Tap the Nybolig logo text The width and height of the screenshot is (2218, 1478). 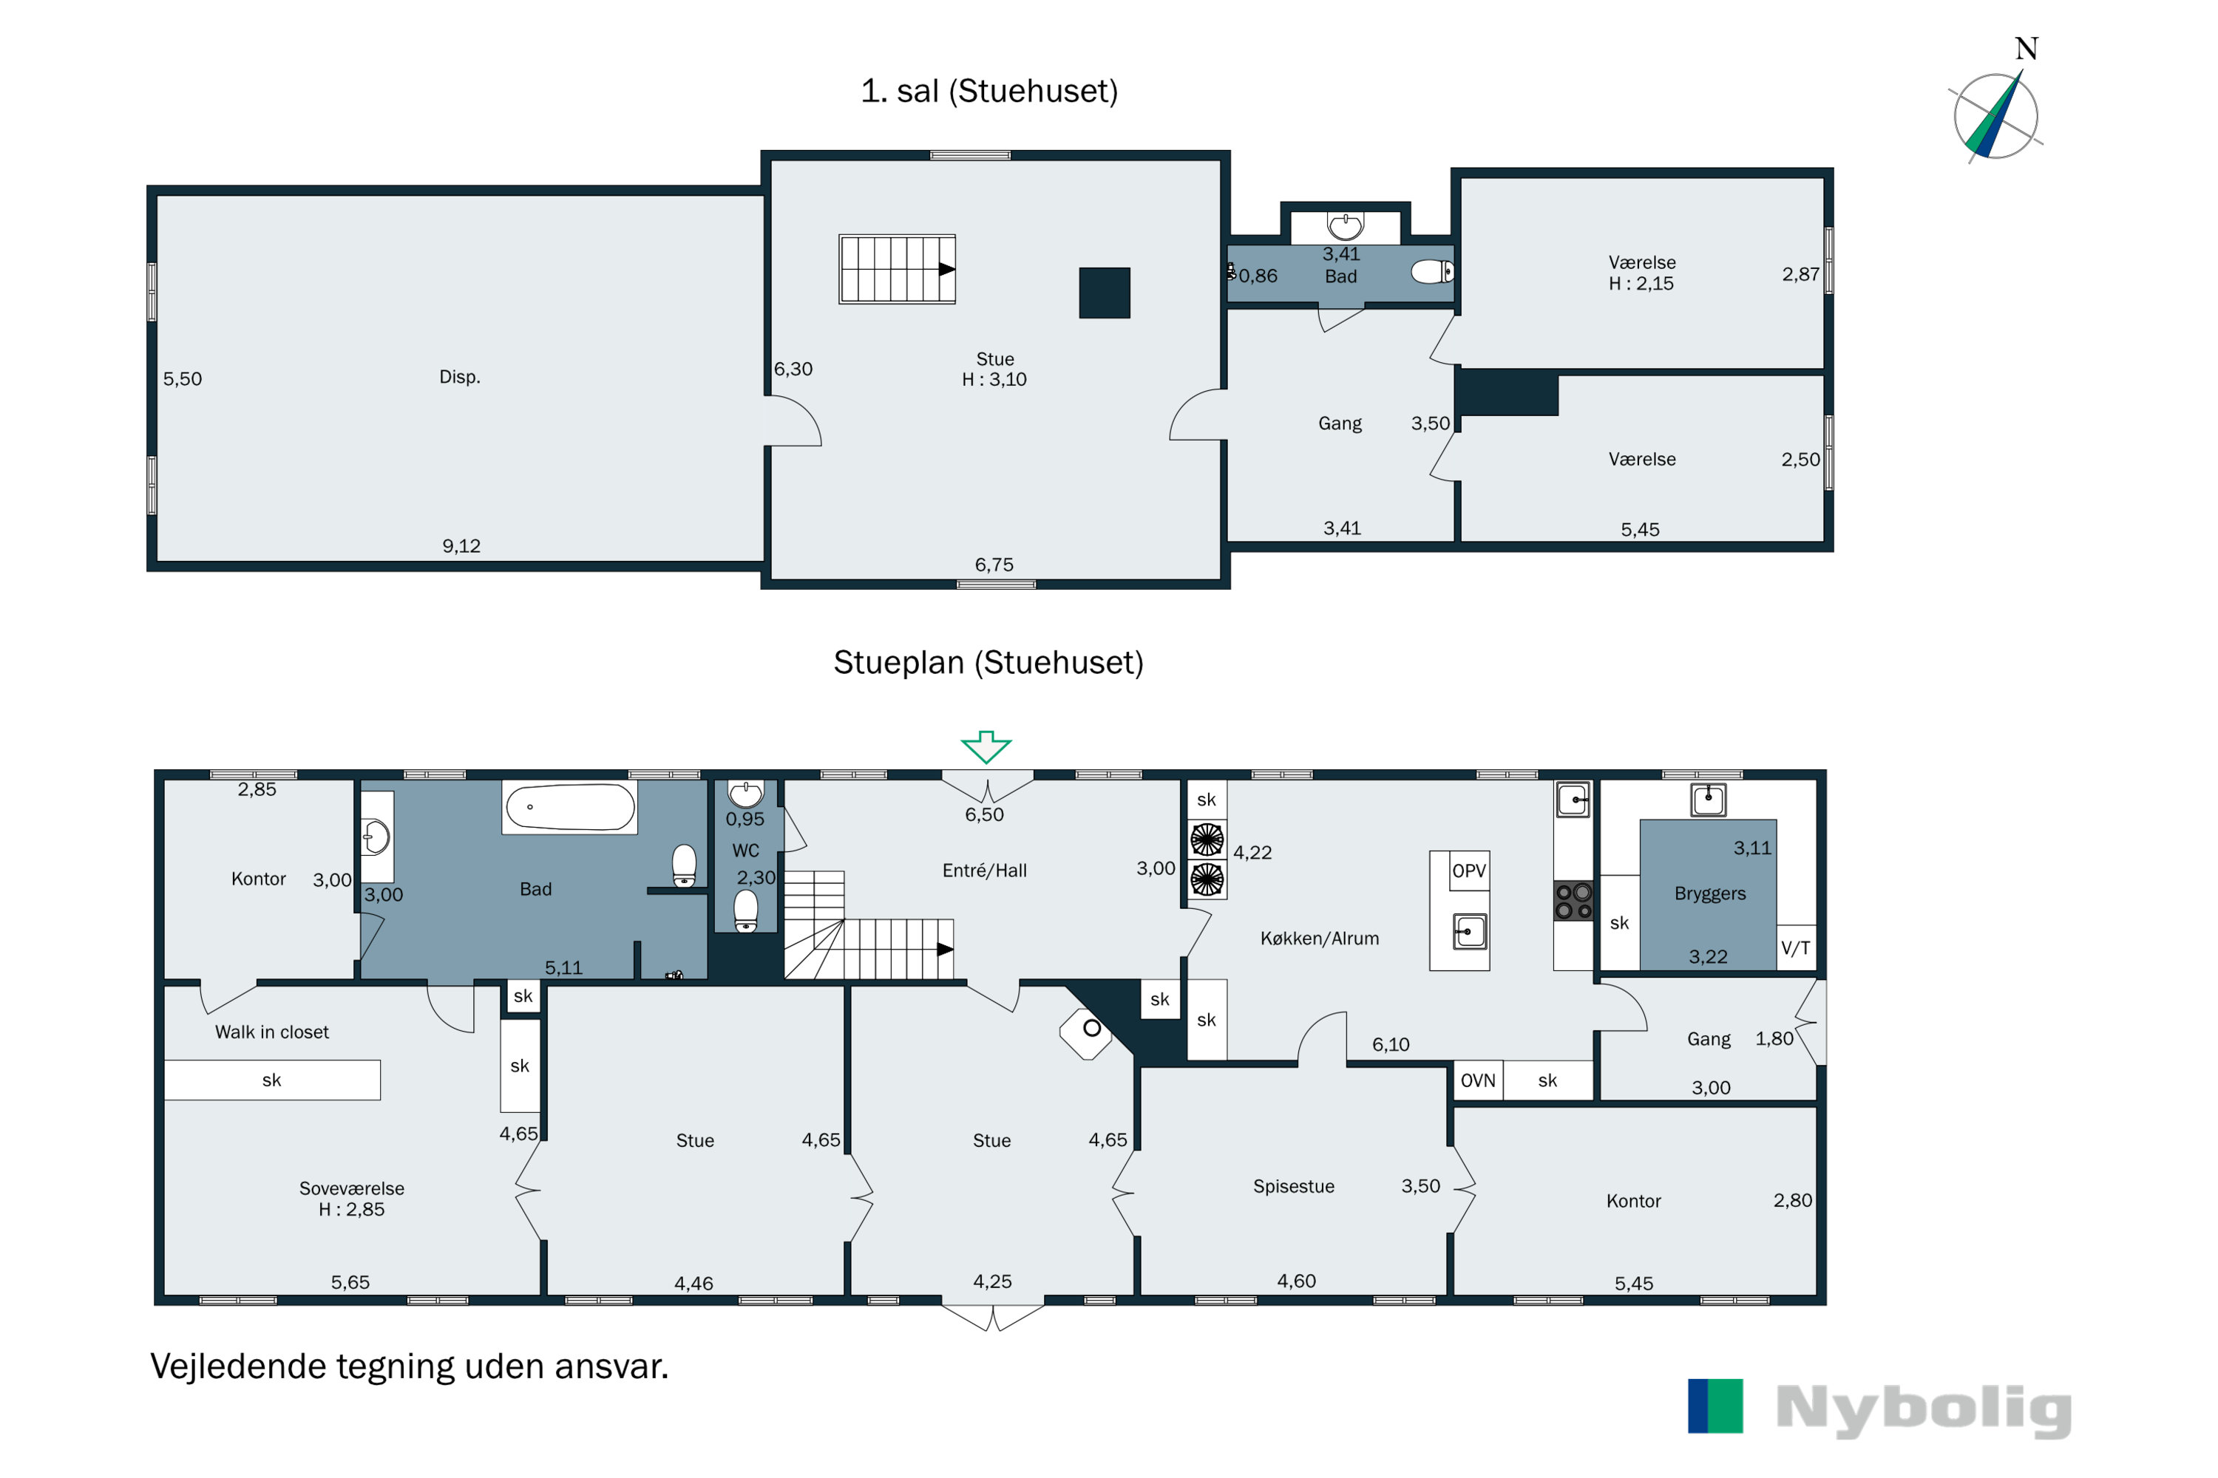tap(1924, 1410)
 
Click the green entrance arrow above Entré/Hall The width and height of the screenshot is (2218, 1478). tap(986, 746)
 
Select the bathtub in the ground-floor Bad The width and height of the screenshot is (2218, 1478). tap(569, 808)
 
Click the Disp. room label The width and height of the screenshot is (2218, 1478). tap(460, 377)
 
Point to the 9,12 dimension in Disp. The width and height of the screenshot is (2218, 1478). tap(461, 546)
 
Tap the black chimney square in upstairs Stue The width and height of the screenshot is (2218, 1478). tap(1105, 293)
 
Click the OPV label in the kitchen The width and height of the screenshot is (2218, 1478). tap(1468, 871)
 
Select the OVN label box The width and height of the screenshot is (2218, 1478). tap(1478, 1080)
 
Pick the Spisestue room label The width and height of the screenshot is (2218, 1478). tap(1294, 1187)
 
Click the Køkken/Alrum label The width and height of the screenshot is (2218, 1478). tap(1319, 938)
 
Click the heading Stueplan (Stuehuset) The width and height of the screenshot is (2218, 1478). tap(988, 663)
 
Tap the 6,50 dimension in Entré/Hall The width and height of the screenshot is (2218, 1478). tap(985, 814)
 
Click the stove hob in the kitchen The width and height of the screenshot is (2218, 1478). tap(1573, 900)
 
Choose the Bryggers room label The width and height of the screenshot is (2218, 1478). tap(1709, 893)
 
